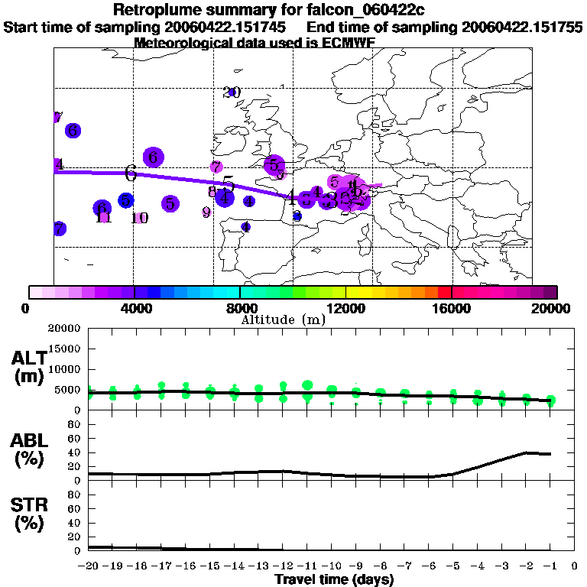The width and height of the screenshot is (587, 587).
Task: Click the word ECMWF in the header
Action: point(349,43)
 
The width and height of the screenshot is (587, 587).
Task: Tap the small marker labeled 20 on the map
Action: point(232,92)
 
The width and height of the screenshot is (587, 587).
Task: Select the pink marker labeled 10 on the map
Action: point(139,218)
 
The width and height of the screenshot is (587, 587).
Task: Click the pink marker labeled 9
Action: point(206,212)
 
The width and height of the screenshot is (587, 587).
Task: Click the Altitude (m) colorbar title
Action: point(284,319)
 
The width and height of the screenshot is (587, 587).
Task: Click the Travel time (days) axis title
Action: point(334,579)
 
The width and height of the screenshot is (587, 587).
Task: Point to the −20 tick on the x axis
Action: point(89,566)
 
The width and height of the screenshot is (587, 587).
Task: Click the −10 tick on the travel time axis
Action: point(332,566)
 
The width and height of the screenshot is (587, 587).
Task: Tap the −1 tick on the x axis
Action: point(550,566)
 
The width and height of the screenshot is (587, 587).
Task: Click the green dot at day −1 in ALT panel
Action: point(550,401)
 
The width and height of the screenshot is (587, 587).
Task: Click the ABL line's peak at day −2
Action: point(526,452)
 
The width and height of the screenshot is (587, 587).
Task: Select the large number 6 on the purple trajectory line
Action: point(131,173)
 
